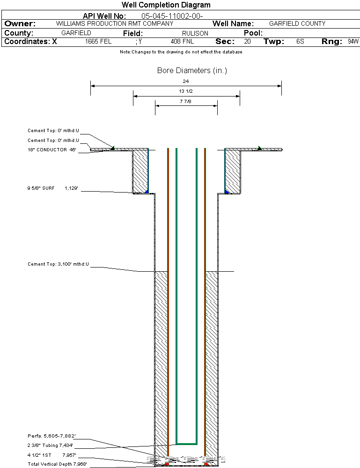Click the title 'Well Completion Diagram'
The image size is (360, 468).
coord(166,5)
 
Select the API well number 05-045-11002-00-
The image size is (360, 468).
coord(172,16)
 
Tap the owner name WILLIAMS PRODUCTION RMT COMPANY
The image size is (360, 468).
coord(114,23)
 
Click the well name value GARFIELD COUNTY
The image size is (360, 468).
coord(297,23)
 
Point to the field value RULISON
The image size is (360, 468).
coord(195,33)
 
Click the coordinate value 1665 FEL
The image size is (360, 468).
coord(98,41)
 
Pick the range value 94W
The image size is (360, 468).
coord(353,41)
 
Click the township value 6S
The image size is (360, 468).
coord(300,41)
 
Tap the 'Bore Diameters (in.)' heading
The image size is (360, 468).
coord(192,71)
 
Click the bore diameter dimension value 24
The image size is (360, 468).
coord(186,81)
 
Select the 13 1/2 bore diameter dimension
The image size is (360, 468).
coord(186,91)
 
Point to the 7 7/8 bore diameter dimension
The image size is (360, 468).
coord(186,101)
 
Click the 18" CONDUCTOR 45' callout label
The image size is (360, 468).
coord(51,150)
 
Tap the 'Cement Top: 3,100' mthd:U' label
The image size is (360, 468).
coord(58,264)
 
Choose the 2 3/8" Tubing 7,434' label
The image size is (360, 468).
coord(50,445)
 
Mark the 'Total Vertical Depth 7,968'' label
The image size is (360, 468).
coord(57,464)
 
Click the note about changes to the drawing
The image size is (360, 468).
coord(181,52)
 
